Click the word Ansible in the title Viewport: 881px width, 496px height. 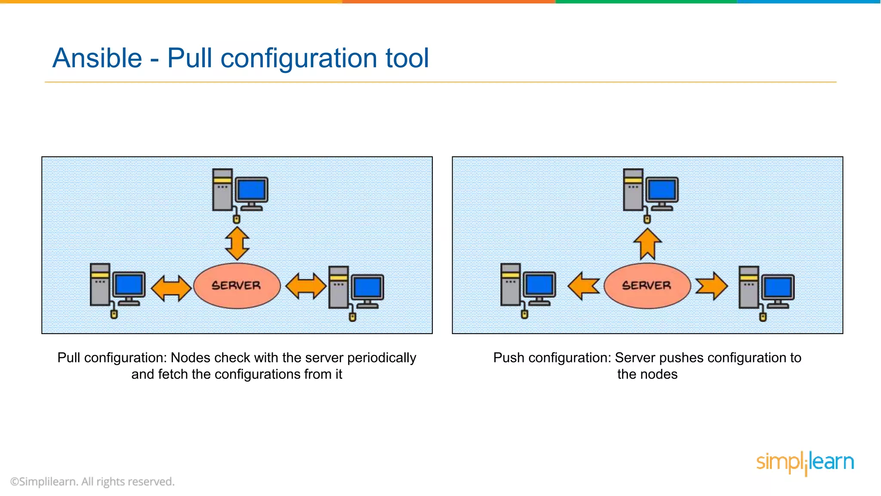coord(97,58)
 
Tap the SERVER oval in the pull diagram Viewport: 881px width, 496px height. coord(237,285)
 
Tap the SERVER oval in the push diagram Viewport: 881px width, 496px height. coord(647,285)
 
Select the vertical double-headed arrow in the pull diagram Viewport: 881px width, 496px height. coord(237,243)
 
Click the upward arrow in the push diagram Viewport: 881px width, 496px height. coord(647,244)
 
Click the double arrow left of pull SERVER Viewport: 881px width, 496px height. coord(171,288)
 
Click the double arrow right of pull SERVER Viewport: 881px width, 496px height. coord(306,286)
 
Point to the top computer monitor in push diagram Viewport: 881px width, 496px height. coord(662,190)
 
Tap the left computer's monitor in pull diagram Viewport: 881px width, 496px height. coord(129,285)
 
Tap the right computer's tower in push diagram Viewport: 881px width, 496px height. coord(749,287)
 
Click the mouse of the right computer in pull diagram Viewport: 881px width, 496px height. coord(352,317)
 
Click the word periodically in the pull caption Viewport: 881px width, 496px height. coord(382,358)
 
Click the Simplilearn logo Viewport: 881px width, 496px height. coord(805,463)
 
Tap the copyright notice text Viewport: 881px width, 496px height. coord(92,481)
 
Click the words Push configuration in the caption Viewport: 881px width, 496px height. coord(551,358)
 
